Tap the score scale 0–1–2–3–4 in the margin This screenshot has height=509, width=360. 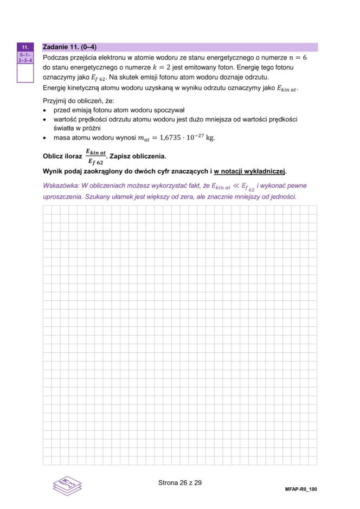click(x=25, y=58)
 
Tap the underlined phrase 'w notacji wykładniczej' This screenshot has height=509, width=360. click(x=249, y=171)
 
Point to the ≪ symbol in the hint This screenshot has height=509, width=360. click(x=236, y=186)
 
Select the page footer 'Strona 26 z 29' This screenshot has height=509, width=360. click(x=179, y=482)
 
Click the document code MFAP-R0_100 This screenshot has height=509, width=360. click(x=300, y=489)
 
